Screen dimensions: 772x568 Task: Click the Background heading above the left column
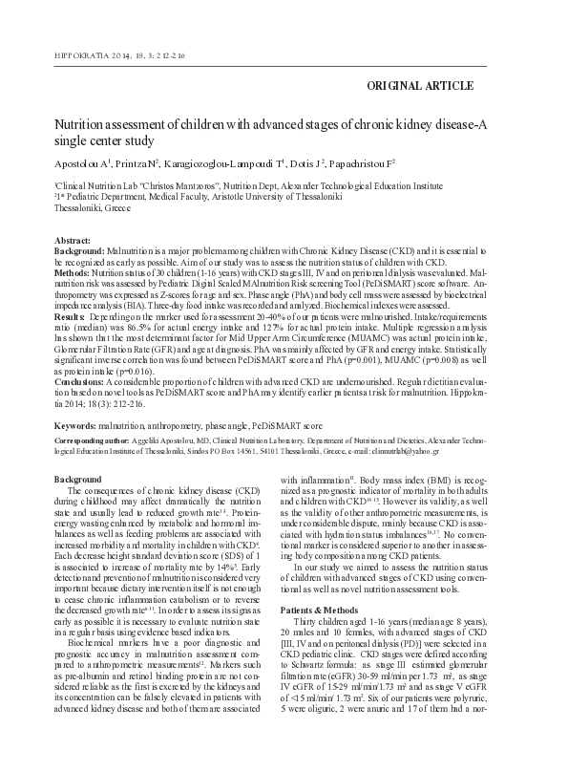[78, 478]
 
